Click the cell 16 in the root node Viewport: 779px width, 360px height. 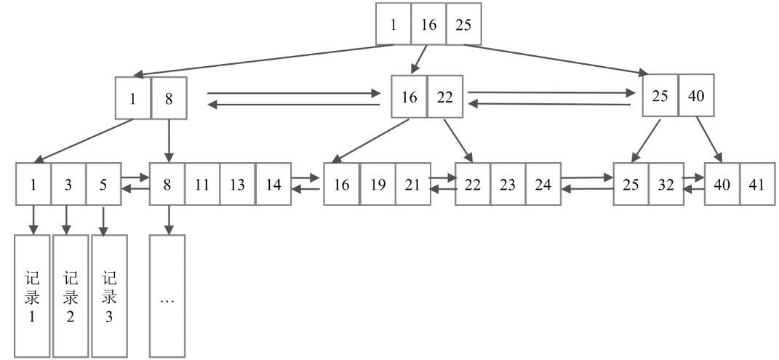428,24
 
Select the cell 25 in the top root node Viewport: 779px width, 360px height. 463,24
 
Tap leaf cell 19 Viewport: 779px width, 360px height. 377,184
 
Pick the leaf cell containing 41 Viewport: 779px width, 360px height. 757,184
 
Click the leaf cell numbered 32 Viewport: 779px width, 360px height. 666,184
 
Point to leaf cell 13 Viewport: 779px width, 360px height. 238,184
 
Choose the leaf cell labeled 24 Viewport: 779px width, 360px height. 543,184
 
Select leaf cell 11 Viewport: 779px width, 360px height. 202,184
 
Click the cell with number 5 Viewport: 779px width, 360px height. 103,184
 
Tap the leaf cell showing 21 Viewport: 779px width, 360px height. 412,184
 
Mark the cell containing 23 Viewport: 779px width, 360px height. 508,184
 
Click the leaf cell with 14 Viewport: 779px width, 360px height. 273,184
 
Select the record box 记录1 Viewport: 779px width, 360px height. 32,296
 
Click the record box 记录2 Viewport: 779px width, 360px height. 71,296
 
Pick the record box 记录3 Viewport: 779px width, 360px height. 109,296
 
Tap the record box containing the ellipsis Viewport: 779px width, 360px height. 167,296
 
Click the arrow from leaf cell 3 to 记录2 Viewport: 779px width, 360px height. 67,219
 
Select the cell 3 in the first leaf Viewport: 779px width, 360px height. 68,184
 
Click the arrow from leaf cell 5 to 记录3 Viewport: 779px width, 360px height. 103,219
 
